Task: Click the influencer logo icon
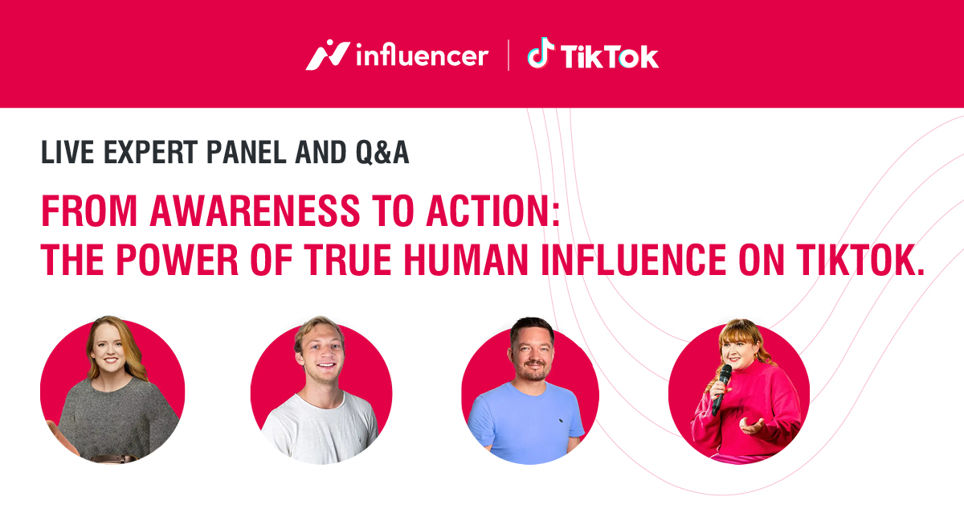pyautogui.click(x=327, y=55)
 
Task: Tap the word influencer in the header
pyautogui.click(x=423, y=56)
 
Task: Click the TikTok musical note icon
pyautogui.click(x=541, y=52)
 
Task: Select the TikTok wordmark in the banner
pyautogui.click(x=610, y=56)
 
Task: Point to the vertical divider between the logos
pyautogui.click(x=509, y=55)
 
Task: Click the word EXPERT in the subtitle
pyautogui.click(x=150, y=152)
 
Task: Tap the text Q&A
pyautogui.click(x=382, y=153)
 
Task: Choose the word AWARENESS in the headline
pyautogui.click(x=255, y=211)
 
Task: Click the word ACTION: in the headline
pyautogui.click(x=493, y=211)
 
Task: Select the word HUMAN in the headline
pyautogui.click(x=466, y=260)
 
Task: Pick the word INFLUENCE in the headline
pyautogui.click(x=634, y=260)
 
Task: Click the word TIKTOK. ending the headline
pyautogui.click(x=860, y=260)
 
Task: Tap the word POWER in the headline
pyautogui.click(x=177, y=260)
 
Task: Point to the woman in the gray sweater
pyautogui.click(x=112, y=390)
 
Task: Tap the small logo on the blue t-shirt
pyautogui.click(x=562, y=421)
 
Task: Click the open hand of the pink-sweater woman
pyautogui.click(x=752, y=426)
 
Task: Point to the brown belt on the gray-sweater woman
pyautogui.click(x=114, y=458)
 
